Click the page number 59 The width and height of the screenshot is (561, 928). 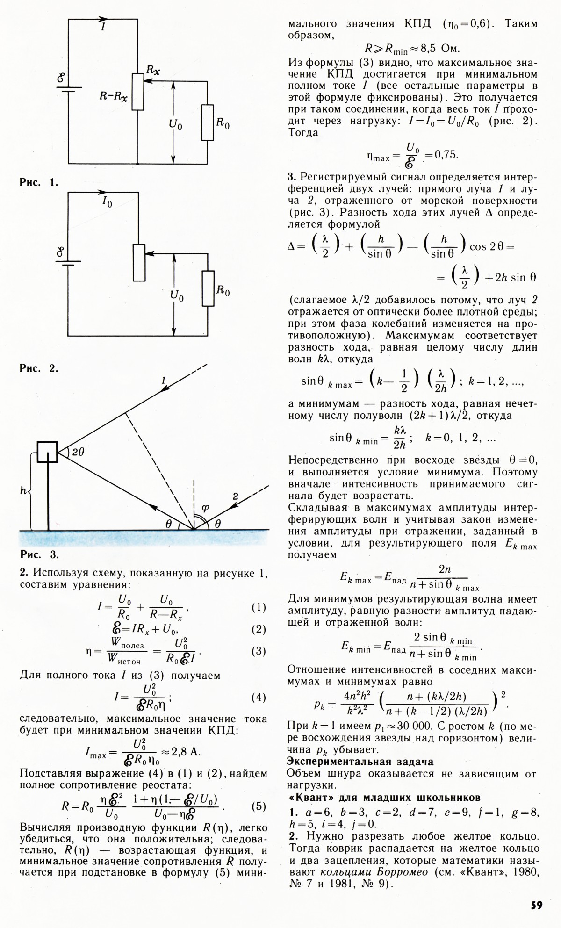(x=536, y=905)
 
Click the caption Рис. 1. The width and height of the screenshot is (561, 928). (x=39, y=182)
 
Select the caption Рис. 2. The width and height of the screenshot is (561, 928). (x=39, y=368)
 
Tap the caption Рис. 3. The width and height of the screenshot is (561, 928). (x=39, y=555)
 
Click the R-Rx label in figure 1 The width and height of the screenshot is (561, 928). (x=114, y=96)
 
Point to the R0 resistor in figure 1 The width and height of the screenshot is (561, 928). (x=208, y=122)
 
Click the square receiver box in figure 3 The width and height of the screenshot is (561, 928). (x=48, y=452)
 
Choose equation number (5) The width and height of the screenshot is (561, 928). (x=259, y=806)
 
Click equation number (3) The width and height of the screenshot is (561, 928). (x=259, y=651)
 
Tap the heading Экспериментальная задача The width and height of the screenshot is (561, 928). (x=360, y=761)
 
